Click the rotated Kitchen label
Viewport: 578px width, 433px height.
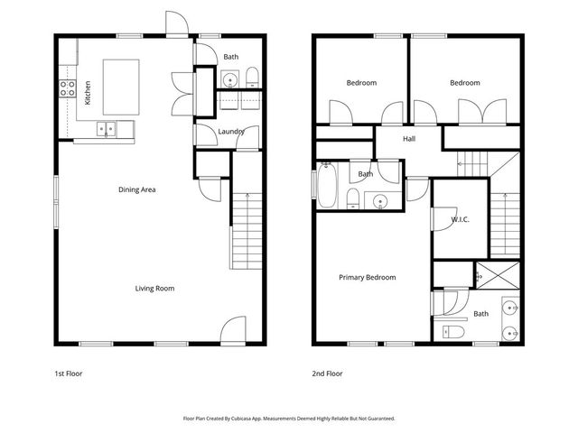click(88, 93)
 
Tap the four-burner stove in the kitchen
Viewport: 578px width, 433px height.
click(67, 88)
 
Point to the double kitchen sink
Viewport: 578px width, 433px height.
click(107, 129)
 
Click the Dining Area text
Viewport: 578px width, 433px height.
click(137, 189)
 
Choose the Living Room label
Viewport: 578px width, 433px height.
click(154, 289)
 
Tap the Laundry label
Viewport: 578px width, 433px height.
click(231, 133)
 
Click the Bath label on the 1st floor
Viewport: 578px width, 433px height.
click(231, 57)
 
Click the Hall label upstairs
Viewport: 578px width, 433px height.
click(409, 139)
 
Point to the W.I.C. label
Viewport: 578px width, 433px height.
click(459, 219)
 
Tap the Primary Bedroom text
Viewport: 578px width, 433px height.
click(367, 278)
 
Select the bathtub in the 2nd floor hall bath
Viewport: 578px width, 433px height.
click(328, 185)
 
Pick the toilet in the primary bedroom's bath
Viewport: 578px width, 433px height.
click(452, 333)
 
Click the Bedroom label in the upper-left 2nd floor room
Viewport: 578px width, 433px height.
click(361, 83)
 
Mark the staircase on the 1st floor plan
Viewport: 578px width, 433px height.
click(246, 230)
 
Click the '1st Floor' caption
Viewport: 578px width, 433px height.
click(69, 373)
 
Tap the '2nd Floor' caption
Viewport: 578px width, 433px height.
click(327, 373)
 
